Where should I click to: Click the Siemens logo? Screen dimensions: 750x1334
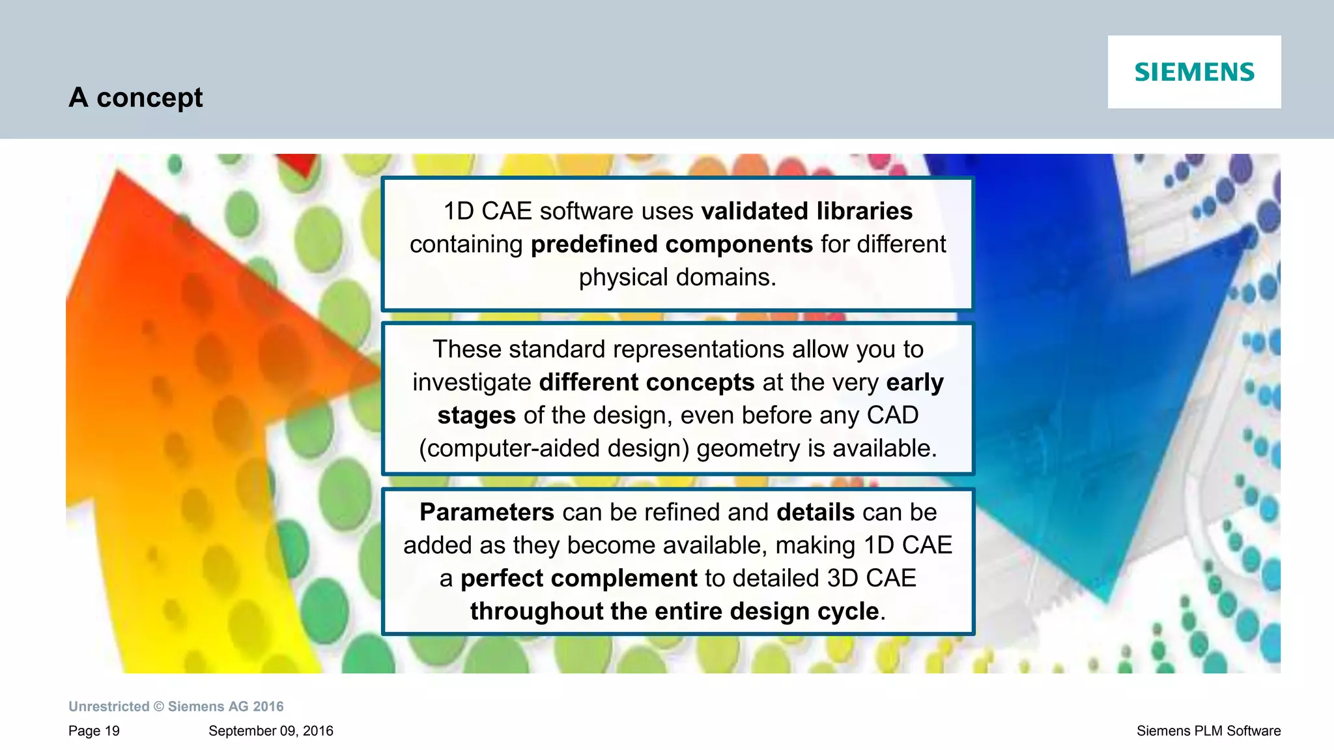(1194, 72)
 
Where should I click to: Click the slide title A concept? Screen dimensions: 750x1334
(135, 98)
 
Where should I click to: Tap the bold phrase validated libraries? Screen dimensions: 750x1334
(806, 211)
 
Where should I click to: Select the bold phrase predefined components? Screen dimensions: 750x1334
(672, 244)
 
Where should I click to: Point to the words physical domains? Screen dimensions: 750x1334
(677, 278)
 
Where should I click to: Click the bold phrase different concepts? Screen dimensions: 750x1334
(646, 382)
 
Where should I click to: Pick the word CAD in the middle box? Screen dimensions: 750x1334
(892, 415)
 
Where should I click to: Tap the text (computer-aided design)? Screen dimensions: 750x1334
(554, 449)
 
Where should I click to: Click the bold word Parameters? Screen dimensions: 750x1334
(487, 512)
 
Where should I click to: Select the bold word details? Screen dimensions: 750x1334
(816, 512)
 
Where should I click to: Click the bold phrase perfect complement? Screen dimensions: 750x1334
(578, 579)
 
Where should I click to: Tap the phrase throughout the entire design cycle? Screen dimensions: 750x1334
(674, 611)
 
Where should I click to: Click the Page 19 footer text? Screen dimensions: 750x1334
(94, 731)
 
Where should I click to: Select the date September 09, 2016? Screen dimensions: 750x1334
(270, 731)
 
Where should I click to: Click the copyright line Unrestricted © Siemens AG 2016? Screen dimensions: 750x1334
(176, 706)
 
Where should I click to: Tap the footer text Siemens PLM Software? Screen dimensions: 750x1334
(1208, 731)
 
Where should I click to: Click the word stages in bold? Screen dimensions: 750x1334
(476, 416)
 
